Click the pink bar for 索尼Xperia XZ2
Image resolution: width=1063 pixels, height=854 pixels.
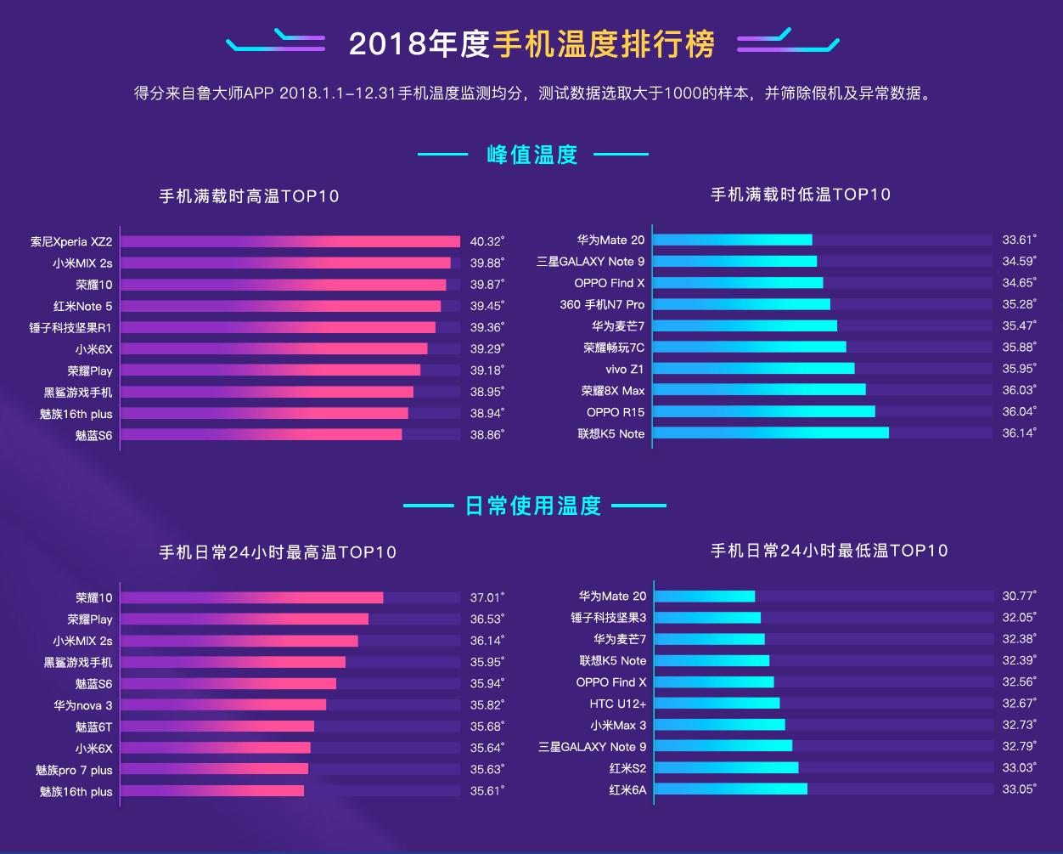click(290, 242)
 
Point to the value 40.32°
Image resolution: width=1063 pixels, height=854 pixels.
click(487, 242)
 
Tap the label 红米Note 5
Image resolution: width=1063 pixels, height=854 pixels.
click(82, 306)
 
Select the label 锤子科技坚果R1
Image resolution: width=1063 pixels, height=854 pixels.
click(70, 327)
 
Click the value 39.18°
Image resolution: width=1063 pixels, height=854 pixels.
click(487, 370)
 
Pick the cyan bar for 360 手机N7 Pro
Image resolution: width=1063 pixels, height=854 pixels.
click(742, 304)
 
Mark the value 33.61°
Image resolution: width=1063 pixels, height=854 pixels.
click(1019, 240)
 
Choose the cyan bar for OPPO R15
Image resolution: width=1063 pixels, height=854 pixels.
click(764, 411)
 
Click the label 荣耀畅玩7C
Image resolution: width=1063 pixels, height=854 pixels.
click(613, 348)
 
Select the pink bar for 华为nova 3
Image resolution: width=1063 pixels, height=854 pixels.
click(223, 704)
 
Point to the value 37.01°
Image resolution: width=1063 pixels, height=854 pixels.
click(487, 597)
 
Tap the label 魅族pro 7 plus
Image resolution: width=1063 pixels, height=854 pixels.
click(74, 770)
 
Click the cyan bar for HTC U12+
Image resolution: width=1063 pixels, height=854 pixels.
click(717, 703)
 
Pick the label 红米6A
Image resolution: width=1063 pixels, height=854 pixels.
click(627, 789)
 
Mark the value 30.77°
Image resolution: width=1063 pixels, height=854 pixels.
click(1019, 597)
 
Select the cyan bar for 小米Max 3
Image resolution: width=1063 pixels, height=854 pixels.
click(720, 725)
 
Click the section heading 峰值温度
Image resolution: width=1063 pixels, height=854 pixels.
click(532, 155)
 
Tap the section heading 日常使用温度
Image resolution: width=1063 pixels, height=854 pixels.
click(533, 506)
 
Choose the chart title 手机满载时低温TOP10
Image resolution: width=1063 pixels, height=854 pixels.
click(801, 195)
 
